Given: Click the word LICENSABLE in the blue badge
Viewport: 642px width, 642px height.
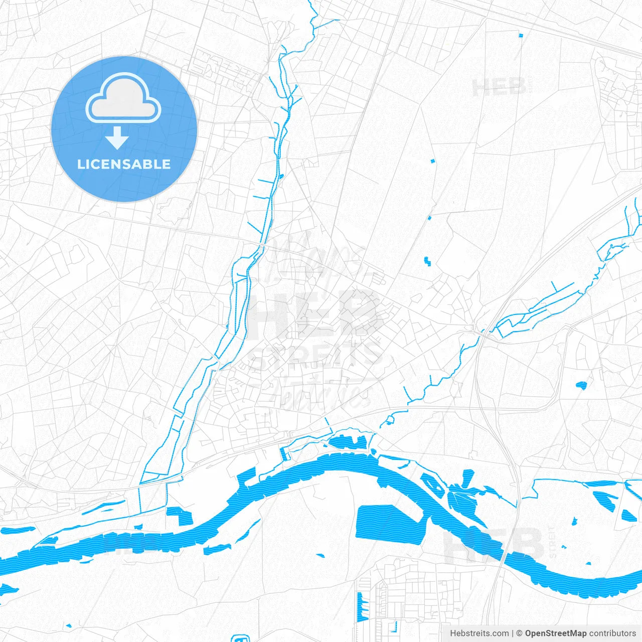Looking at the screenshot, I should [124, 164].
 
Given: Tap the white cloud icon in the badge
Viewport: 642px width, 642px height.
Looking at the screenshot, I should [123, 98].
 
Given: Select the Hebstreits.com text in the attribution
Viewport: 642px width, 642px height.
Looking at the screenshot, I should [479, 633].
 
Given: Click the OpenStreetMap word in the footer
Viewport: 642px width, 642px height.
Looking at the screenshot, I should [555, 633].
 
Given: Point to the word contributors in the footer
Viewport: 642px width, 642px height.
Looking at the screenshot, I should [612, 633].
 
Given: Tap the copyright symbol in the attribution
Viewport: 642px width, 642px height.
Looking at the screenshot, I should [519, 633].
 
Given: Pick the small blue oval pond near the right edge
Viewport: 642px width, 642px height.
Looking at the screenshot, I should [581, 385].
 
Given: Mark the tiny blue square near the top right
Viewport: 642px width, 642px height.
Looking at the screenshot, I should [521, 35].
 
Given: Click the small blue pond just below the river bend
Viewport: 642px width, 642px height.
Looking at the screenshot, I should [320, 555].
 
